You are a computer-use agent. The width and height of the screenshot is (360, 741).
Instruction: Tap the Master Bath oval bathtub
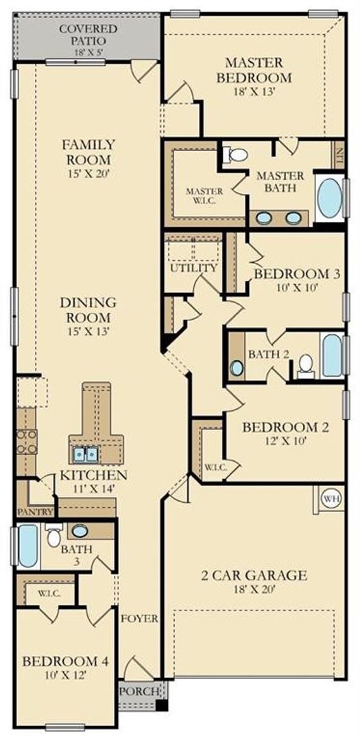(330, 198)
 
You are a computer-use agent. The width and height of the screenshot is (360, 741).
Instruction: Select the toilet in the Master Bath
(236, 154)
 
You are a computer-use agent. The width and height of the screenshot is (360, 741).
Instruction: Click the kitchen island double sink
(86, 455)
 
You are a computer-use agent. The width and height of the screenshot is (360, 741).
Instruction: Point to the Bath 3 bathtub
(27, 546)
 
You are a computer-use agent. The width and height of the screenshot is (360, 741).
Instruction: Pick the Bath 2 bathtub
(332, 355)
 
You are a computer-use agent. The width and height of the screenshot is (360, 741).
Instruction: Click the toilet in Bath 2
(306, 366)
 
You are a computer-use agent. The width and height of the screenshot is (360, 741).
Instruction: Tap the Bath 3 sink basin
(80, 530)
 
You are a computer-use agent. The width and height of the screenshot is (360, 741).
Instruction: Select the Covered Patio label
(88, 35)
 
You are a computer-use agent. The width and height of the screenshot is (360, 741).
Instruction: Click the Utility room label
(193, 268)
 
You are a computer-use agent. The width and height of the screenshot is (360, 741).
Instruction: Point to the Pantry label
(35, 512)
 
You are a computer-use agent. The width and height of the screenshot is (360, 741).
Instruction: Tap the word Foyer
(139, 618)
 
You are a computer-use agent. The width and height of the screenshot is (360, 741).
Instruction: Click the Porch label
(139, 691)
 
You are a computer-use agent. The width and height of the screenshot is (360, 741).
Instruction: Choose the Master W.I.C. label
(204, 196)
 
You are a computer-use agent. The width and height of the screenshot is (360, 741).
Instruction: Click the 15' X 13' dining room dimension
(89, 331)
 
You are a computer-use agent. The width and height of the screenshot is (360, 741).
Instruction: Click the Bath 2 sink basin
(237, 367)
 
